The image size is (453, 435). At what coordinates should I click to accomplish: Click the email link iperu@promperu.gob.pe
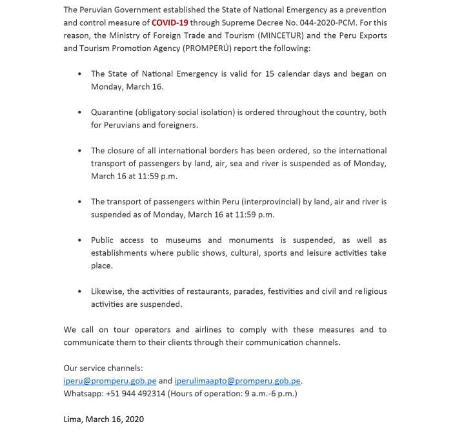110,380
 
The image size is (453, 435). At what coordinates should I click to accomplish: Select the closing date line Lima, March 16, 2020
104,419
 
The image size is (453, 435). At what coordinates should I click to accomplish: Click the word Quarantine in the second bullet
112,112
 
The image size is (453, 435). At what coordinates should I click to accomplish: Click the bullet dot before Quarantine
79,112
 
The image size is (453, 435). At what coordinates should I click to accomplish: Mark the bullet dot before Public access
79,240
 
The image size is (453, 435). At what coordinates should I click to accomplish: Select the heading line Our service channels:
103,367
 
